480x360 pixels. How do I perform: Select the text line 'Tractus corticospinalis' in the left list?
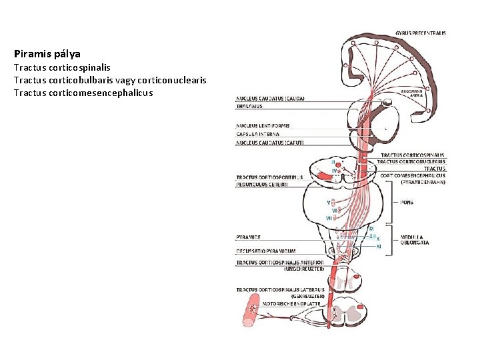click(x=62, y=67)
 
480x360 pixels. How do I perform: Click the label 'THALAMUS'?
click(x=249, y=106)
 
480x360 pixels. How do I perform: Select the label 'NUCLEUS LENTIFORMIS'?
click(x=263, y=125)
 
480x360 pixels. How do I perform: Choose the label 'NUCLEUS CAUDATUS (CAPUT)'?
click(x=270, y=143)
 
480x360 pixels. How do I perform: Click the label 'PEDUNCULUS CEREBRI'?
click(x=261, y=184)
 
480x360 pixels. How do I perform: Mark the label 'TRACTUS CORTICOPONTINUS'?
click(x=269, y=177)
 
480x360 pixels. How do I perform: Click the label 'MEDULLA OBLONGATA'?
click(x=414, y=239)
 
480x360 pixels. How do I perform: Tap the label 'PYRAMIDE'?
click(x=248, y=237)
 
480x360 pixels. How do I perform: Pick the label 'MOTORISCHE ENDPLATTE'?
click(x=291, y=303)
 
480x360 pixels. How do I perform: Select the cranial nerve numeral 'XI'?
click(x=378, y=247)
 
